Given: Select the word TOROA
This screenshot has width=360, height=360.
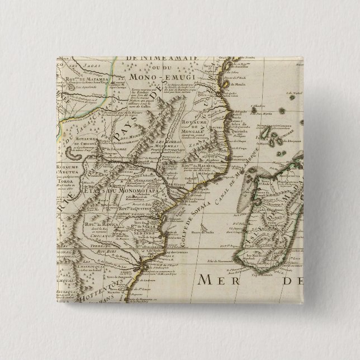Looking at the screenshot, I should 67,182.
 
